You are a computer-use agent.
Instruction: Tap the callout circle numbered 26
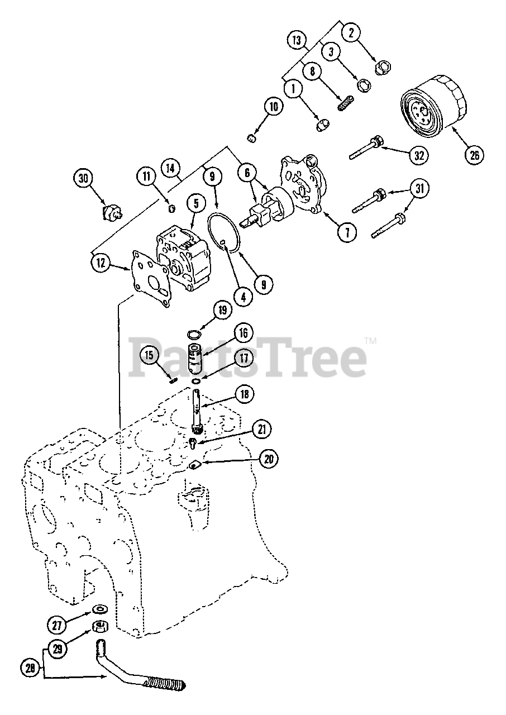point(474,155)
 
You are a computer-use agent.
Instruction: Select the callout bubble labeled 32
point(418,155)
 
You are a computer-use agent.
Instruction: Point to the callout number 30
point(84,178)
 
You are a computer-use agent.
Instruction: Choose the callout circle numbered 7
point(347,232)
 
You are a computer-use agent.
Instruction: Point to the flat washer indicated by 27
point(101,608)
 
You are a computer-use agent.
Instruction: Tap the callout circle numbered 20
point(269,459)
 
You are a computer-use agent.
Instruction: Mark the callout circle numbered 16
point(244,333)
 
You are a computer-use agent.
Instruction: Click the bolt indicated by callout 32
point(366,147)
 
